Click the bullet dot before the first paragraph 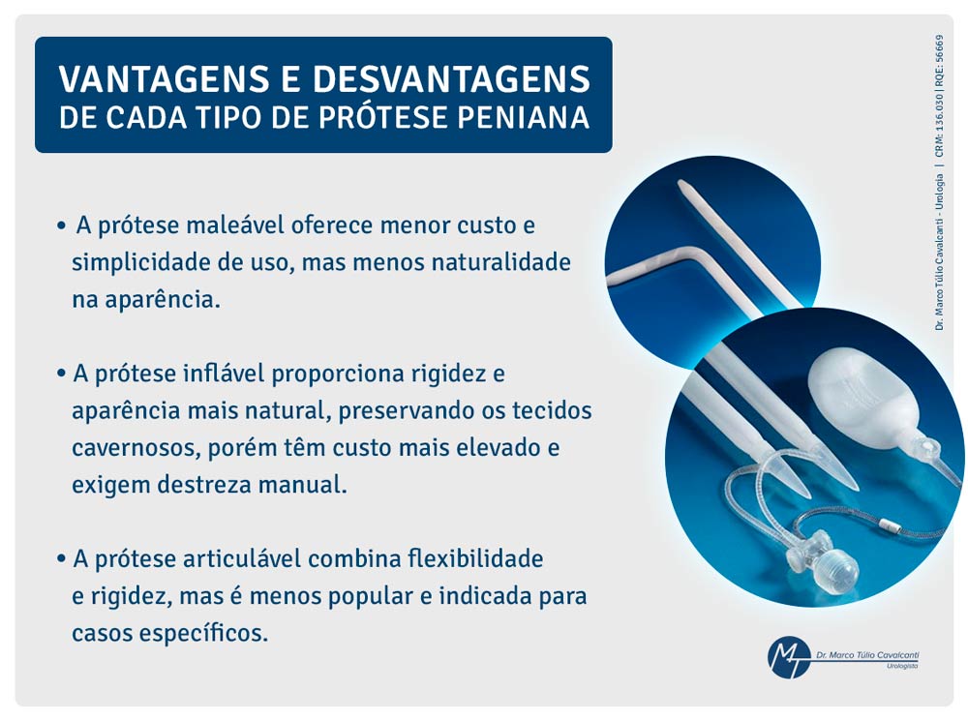(x=61, y=225)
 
